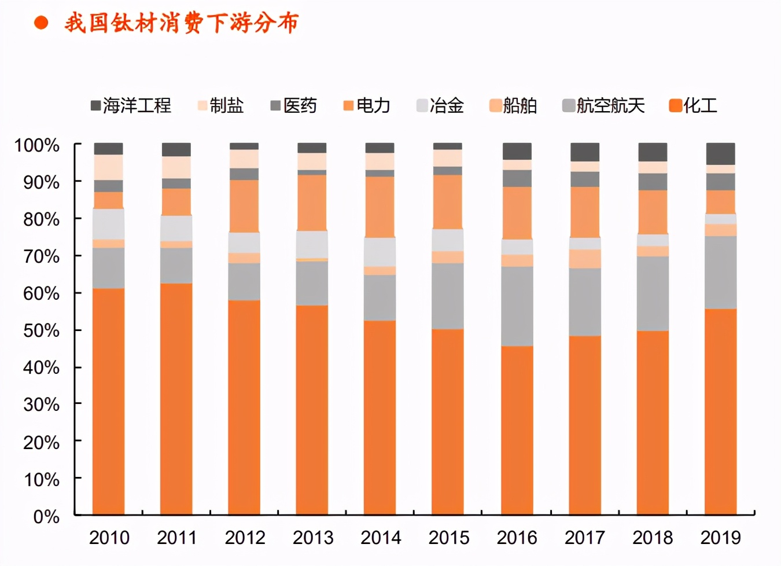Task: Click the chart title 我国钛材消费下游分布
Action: [181, 23]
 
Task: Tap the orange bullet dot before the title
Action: [41, 23]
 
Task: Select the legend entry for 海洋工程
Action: [131, 105]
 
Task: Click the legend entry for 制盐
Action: [221, 105]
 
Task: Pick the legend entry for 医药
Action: [294, 105]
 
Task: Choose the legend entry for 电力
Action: [367, 105]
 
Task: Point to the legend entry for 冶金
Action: [440, 105]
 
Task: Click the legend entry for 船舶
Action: [513, 105]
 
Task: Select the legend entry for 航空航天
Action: [603, 105]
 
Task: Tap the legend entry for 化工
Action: [694, 105]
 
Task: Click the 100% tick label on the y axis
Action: [37, 145]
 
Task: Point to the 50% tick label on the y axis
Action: [41, 330]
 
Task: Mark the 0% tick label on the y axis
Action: [46, 516]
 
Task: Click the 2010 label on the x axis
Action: [109, 538]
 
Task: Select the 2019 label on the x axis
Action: [720, 538]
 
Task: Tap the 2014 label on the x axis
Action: [381, 538]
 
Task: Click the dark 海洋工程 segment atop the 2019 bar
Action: [720, 154]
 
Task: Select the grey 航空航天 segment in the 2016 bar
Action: [517, 306]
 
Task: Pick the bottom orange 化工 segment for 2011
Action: [176, 399]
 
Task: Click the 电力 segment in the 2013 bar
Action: [312, 203]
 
